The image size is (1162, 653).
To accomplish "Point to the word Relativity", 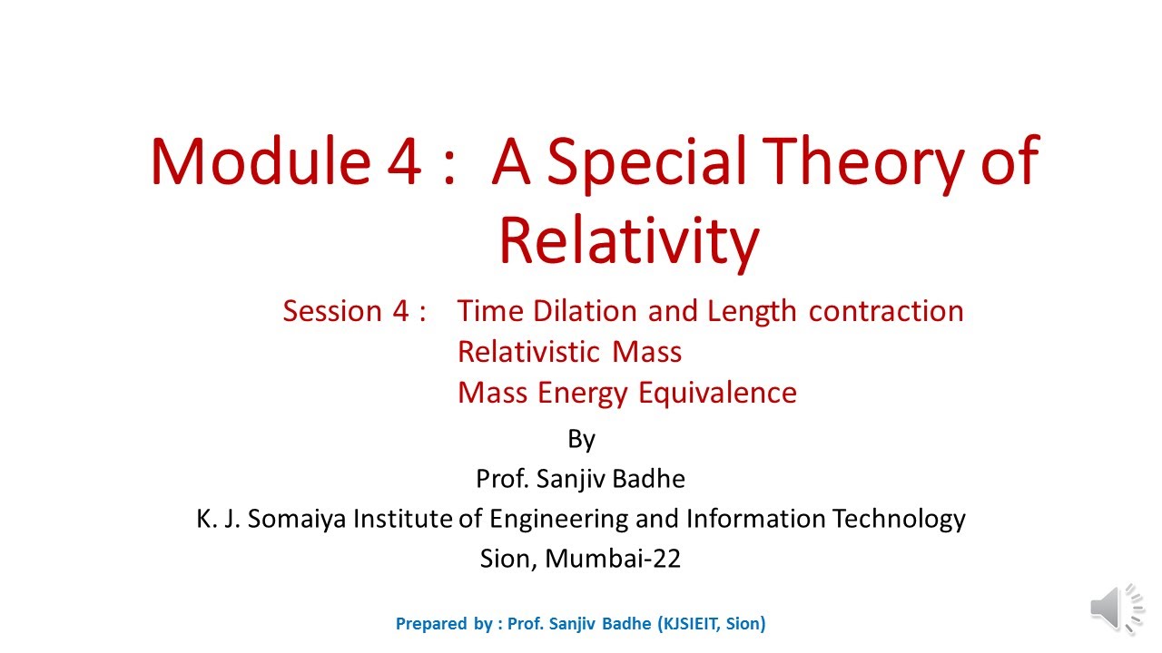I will point(628,241).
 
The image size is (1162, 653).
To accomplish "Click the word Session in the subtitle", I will point(332,311).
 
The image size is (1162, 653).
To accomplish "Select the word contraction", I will point(886,311).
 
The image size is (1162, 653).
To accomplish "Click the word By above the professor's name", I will point(581,440).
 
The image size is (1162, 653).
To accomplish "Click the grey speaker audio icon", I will point(1118,607).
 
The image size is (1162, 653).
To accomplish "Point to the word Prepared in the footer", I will point(431,624).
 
